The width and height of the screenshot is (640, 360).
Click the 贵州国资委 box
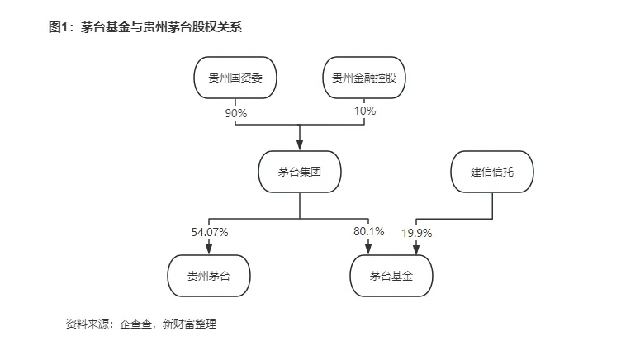235,79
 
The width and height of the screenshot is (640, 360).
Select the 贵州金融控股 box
364,79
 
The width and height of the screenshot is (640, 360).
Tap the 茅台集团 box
300,173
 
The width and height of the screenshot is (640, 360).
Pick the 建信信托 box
492,173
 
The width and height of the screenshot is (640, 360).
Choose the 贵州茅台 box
209,276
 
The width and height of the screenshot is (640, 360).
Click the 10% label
365,111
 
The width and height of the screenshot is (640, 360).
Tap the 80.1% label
368,232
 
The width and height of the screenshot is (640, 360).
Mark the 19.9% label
417,233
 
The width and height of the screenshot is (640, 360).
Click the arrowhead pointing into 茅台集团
300,145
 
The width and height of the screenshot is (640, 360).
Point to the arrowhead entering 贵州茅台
209,249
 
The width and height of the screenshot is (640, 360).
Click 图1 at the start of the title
60,27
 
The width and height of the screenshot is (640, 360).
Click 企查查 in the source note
136,324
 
